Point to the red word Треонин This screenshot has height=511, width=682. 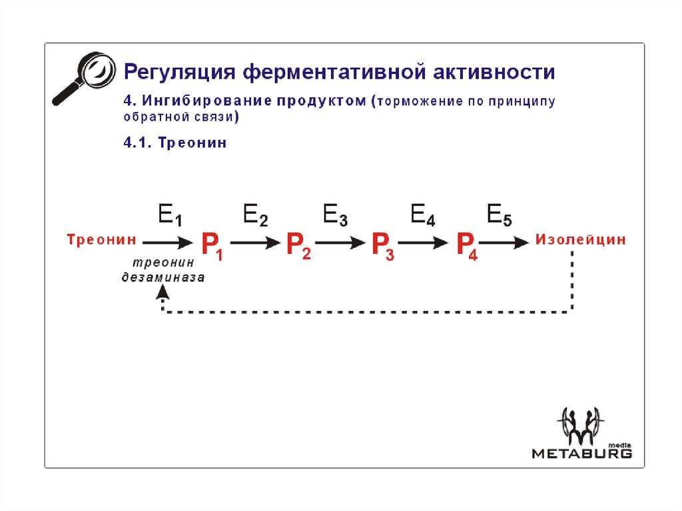coord(101,240)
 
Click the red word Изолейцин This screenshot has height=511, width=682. coord(581,240)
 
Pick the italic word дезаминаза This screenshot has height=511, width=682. coord(163,278)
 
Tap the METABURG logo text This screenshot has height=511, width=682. coord(581,454)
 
